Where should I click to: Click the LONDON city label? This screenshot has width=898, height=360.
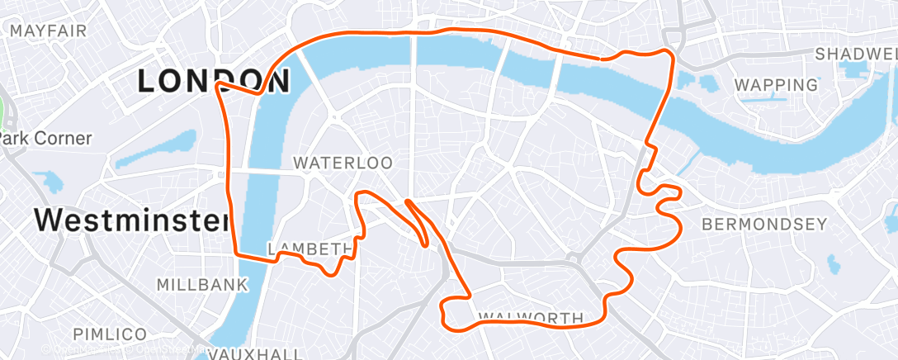(213, 80)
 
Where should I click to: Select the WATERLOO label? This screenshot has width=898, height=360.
(343, 163)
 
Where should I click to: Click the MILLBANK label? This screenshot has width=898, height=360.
(202, 285)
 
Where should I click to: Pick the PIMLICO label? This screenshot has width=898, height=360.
(109, 334)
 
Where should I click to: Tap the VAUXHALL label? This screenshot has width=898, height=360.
(254, 353)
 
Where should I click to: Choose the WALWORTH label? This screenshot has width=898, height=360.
(531, 318)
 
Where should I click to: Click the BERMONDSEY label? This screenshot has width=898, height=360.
(763, 224)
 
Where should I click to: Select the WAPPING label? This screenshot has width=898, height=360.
(776, 84)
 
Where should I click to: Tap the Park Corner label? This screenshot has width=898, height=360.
(45, 138)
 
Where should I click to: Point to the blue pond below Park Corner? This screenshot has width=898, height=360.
(51, 181)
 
